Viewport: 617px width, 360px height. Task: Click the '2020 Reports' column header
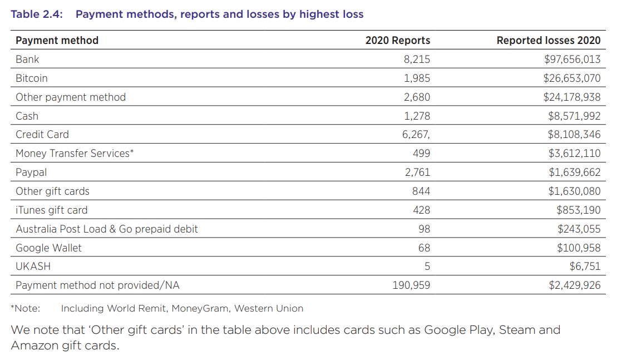(397, 40)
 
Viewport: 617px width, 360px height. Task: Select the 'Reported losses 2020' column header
(548, 40)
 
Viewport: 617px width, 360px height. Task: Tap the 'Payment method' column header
(57, 40)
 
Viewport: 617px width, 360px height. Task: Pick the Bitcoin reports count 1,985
(417, 78)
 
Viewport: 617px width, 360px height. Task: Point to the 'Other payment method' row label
(71, 97)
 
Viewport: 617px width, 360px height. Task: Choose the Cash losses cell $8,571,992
(574, 116)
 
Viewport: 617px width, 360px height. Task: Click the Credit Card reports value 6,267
(417, 135)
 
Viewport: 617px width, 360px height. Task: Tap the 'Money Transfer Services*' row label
(75, 153)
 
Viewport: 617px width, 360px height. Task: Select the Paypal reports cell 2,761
(417, 172)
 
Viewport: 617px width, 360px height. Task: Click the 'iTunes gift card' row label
(52, 210)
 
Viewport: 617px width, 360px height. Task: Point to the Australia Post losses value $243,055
(579, 229)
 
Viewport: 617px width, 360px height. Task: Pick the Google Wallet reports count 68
(424, 248)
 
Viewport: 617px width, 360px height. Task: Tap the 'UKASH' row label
(33, 266)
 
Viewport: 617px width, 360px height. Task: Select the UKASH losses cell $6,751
(585, 266)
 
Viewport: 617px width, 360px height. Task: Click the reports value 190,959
(411, 285)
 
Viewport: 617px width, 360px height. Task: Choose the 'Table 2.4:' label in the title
(37, 14)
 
